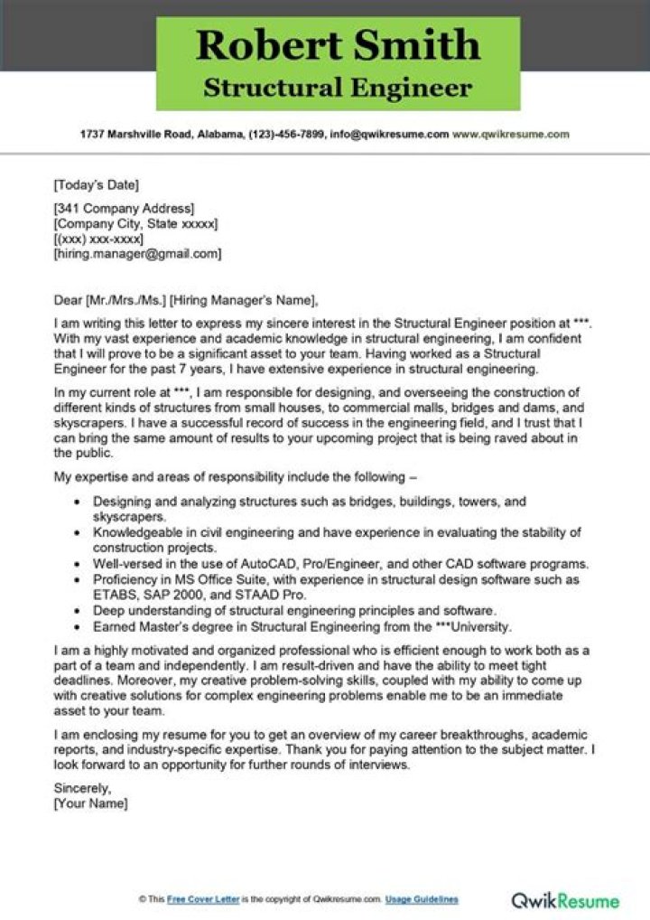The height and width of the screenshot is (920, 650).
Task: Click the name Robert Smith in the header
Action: point(339,45)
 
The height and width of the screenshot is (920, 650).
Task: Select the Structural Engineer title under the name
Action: point(338,87)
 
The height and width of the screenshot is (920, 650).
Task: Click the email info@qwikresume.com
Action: point(390,134)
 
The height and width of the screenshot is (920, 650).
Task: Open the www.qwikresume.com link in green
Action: point(511,134)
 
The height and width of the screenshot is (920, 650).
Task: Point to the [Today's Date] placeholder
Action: point(97,186)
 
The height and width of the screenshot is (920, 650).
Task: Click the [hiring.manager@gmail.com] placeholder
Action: point(137,254)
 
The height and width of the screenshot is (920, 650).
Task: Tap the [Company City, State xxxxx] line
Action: point(135,224)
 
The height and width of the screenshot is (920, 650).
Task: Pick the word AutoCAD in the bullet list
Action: point(274,563)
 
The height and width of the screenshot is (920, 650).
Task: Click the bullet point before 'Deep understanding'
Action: point(78,611)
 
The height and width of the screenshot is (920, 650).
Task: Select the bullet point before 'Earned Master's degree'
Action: point(78,626)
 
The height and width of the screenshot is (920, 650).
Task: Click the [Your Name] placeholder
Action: point(90,803)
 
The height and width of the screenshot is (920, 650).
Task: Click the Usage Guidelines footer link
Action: point(422,899)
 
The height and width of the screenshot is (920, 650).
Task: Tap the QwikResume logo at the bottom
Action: point(565,900)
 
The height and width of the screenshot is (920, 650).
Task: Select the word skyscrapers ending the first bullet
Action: point(129,517)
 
